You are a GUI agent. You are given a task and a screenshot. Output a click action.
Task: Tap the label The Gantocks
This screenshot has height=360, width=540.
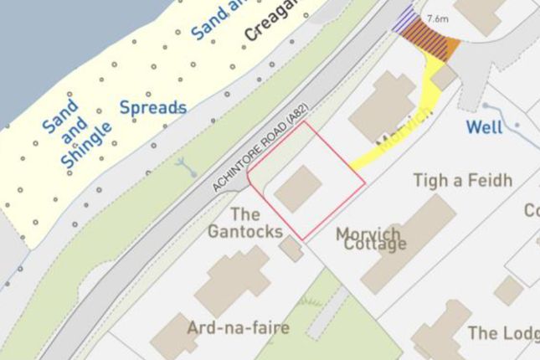(x=244, y=223)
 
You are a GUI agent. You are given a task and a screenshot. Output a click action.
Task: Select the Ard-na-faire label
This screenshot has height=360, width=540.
(x=239, y=327)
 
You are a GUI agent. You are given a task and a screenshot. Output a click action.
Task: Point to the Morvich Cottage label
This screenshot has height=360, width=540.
(x=371, y=239)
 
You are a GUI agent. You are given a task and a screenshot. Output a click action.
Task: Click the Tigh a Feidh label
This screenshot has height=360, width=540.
(x=463, y=180)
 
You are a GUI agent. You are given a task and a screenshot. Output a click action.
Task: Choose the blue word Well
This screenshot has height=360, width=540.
(x=484, y=128)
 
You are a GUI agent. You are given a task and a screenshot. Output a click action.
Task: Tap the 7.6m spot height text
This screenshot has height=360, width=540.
(x=437, y=18)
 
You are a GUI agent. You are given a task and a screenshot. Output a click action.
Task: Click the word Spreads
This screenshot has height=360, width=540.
(x=152, y=107)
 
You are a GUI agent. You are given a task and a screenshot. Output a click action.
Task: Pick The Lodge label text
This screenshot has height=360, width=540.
(x=503, y=333)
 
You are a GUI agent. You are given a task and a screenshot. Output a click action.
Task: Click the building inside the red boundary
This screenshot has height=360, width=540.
(x=299, y=188)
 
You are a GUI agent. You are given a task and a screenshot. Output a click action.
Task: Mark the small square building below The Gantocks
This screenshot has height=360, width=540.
(x=291, y=248)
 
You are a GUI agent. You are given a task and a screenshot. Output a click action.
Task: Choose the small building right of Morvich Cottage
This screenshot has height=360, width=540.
(x=508, y=291)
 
